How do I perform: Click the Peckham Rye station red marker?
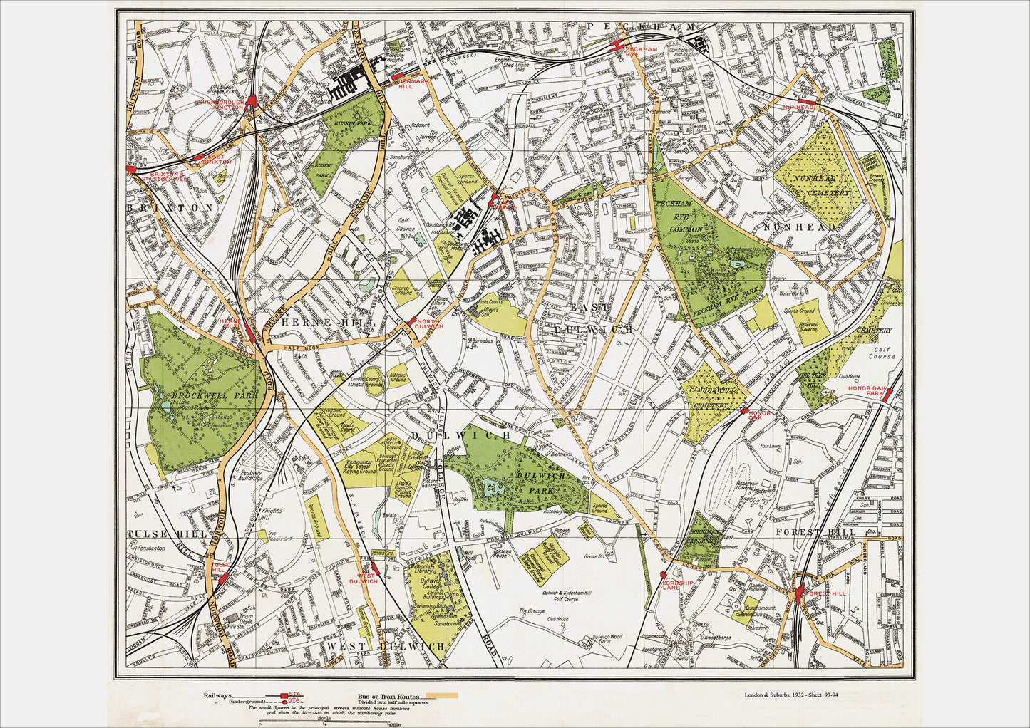point(619,47)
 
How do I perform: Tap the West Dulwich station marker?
point(374,567)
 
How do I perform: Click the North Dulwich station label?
point(430,324)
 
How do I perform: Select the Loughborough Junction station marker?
point(251,101)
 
